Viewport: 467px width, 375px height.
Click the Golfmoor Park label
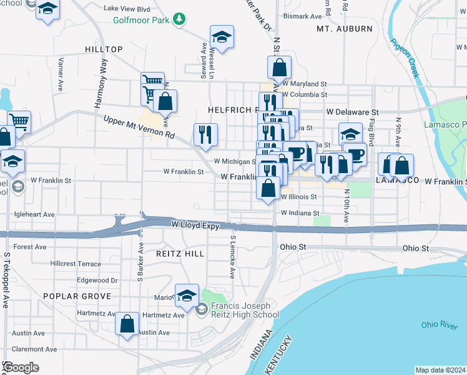point(142,19)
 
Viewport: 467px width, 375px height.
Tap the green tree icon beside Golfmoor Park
point(180,19)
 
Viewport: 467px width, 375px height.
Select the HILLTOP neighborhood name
point(105,49)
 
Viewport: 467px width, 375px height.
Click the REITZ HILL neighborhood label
point(180,254)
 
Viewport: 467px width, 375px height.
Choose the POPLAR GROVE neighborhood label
point(77,296)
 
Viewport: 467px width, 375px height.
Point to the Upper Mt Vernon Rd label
point(139,127)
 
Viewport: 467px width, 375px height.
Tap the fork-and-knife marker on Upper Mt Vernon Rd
point(205,133)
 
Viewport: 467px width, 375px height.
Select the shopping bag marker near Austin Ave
point(127,324)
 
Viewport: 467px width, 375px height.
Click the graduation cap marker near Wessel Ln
point(222,37)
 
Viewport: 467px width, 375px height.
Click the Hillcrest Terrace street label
point(76,264)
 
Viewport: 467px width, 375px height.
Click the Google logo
point(21,367)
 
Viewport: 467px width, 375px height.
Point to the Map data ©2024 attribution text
point(440,370)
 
